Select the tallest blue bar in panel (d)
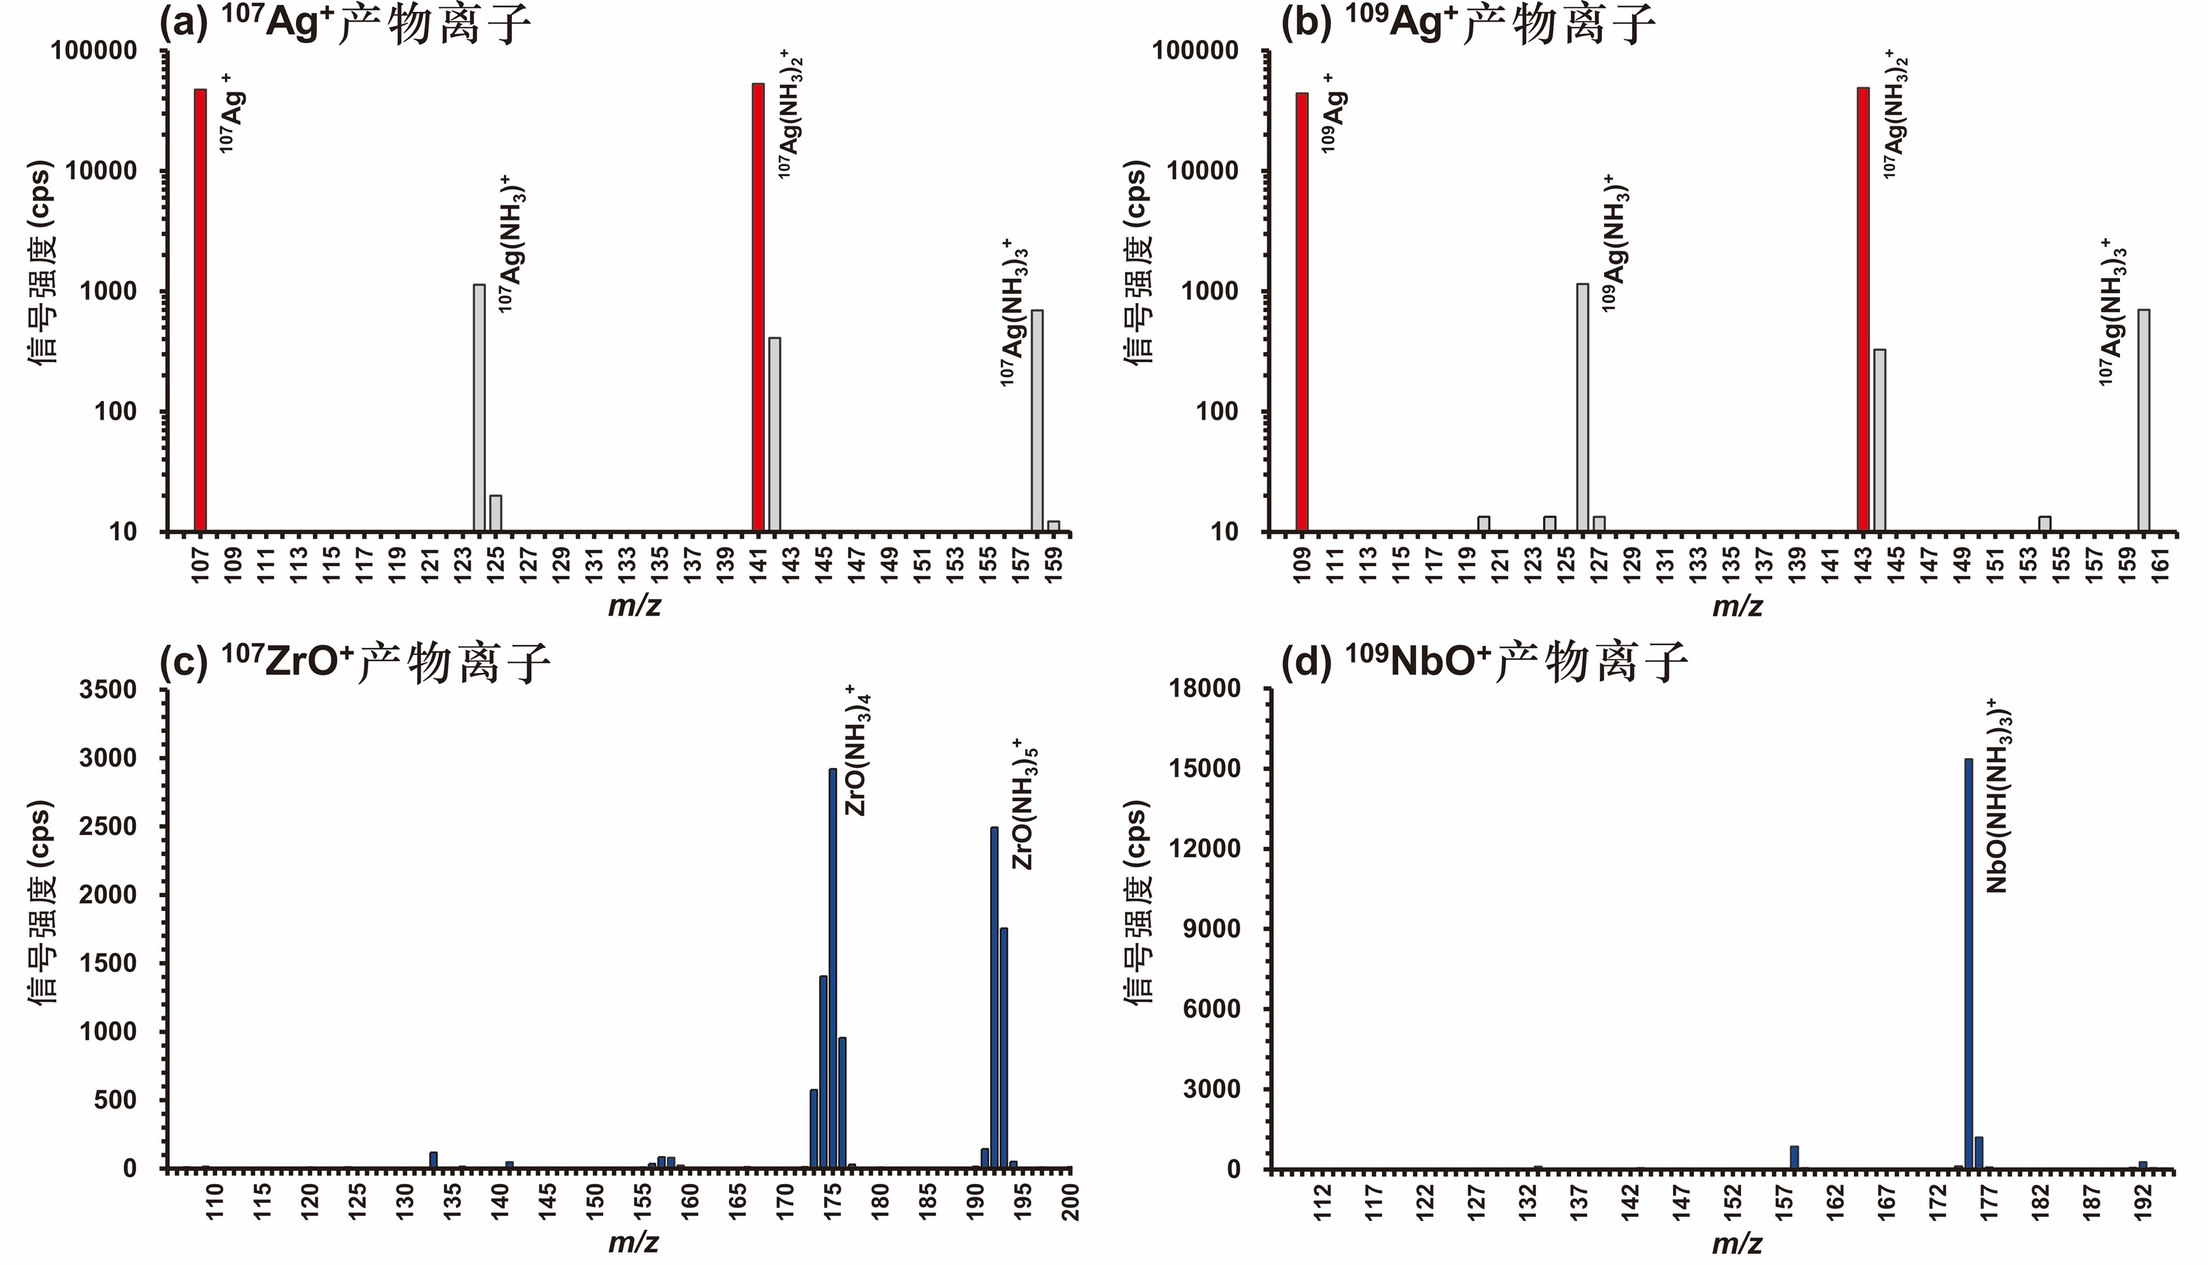1968,963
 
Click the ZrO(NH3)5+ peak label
1025,803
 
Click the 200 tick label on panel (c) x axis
1070,1201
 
